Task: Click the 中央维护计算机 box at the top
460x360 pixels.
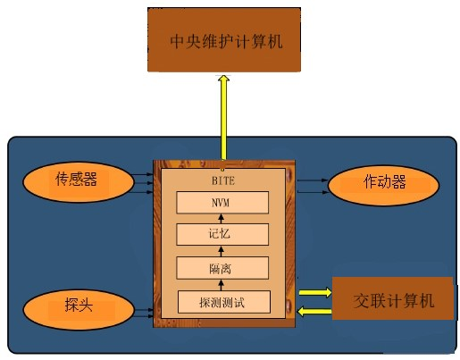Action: [224, 39]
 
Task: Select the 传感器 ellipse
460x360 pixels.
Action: [79, 182]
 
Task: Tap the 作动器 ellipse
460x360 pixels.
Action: [383, 185]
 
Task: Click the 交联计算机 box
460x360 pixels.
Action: [393, 298]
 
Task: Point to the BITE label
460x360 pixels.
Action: [223, 180]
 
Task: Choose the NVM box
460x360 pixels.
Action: [222, 203]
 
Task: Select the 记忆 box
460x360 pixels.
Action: [222, 234]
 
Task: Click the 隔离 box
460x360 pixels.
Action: [222, 268]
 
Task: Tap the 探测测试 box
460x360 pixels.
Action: [224, 302]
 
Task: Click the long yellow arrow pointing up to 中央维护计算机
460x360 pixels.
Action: [223, 117]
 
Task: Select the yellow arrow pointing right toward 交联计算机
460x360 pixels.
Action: [315, 292]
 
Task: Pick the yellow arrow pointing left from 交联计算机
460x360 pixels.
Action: [314, 312]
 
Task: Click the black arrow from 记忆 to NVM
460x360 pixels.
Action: [221, 219]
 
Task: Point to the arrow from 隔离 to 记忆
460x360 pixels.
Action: [221, 251]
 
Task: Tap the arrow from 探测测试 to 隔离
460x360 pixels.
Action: [221, 285]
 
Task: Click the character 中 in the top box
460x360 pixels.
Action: [178, 41]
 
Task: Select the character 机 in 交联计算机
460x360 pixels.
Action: [426, 301]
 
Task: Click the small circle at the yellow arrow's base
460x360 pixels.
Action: [222, 170]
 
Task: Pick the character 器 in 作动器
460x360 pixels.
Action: [398, 181]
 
